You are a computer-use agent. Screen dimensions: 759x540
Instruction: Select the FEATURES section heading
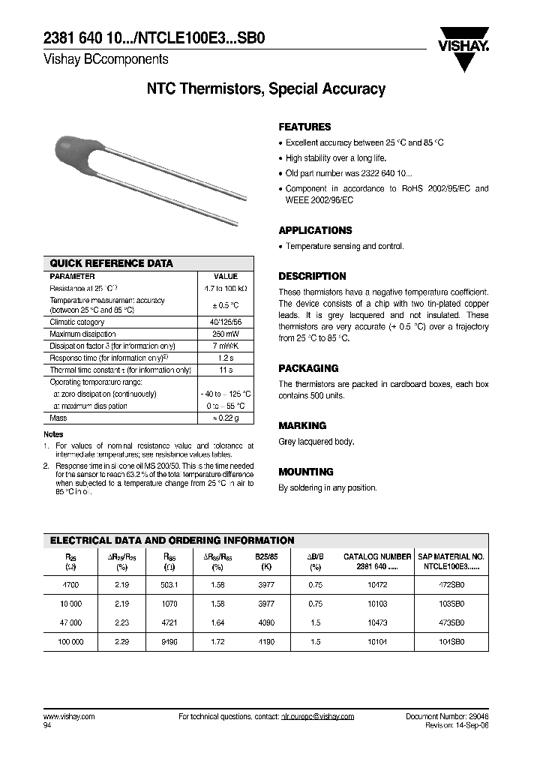pos(304,127)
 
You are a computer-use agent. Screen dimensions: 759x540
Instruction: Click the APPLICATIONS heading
pos(315,230)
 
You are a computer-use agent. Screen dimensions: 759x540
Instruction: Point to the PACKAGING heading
pos(308,368)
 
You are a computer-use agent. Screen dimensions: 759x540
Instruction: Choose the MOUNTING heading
pos(306,472)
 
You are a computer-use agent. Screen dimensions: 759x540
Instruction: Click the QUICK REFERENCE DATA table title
pos(111,263)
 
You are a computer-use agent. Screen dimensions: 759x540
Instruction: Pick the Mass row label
pos(58,418)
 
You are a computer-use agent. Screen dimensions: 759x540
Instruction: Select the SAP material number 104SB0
pos(451,642)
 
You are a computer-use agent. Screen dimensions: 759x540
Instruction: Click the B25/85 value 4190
pos(265,642)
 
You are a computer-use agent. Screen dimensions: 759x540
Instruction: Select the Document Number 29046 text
pos(447,716)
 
